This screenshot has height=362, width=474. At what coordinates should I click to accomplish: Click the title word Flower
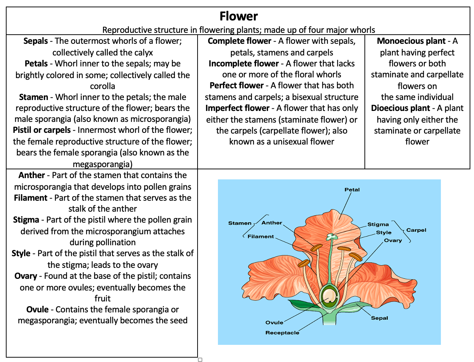238,16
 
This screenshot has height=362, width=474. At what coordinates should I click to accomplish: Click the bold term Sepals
36,41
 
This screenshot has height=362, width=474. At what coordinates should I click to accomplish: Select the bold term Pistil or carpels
42,130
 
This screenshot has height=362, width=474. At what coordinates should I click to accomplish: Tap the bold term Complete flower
239,41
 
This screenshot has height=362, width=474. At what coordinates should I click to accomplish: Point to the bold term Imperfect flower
237,108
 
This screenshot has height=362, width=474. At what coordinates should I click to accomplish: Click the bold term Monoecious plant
411,41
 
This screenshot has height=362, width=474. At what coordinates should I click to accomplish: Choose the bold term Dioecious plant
400,108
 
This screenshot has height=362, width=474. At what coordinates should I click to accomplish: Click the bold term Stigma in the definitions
26,220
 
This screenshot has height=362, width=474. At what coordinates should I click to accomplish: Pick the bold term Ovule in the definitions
37,309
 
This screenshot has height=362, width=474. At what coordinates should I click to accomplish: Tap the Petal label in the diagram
352,190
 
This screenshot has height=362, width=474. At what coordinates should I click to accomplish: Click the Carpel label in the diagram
416,230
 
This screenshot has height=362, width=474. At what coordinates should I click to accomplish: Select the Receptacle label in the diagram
282,333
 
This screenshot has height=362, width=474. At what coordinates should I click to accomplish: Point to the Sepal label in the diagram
379,318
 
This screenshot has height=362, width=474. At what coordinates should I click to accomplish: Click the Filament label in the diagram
260,236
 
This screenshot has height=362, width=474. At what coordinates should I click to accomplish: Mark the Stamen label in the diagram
240,223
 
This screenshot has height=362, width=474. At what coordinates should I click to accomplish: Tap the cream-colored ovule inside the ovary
329,296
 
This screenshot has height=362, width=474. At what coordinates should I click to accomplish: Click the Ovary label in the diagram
393,240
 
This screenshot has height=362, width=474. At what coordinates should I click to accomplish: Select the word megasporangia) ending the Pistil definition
103,164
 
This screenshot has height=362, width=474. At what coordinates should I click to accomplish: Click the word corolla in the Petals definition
103,86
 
